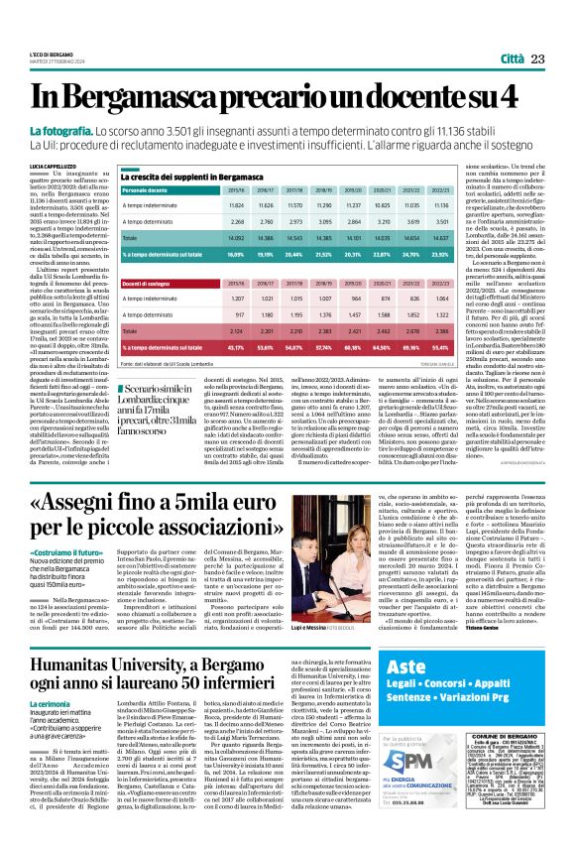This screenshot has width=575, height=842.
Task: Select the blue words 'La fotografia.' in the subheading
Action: [89, 131]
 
